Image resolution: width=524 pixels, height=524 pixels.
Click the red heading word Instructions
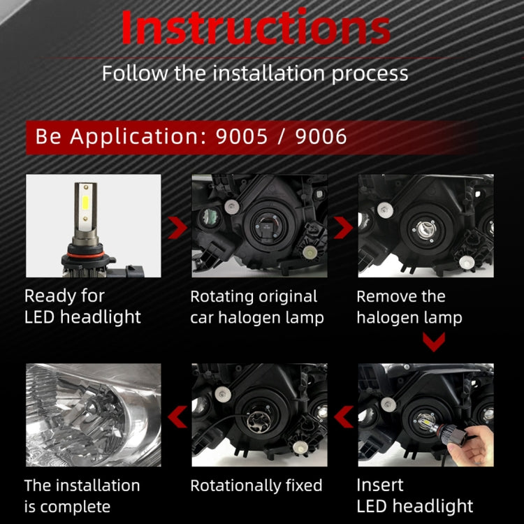pyautogui.click(x=256, y=29)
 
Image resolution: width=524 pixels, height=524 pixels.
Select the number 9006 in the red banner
pyautogui.click(x=321, y=136)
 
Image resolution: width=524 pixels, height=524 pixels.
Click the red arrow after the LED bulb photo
pyautogui.click(x=177, y=227)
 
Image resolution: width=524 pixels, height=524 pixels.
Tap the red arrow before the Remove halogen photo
pyautogui.click(x=342, y=227)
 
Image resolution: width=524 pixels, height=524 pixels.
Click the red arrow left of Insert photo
pyautogui.click(x=342, y=418)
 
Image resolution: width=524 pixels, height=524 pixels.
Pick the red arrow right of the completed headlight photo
pyautogui.click(x=177, y=418)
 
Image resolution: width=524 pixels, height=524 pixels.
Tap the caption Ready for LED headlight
pyautogui.click(x=82, y=306)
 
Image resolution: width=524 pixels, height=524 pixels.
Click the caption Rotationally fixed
pyautogui.click(x=256, y=485)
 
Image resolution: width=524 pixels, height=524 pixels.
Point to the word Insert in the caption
pyautogui.click(x=380, y=485)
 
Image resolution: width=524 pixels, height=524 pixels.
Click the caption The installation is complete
pyautogui.click(x=82, y=495)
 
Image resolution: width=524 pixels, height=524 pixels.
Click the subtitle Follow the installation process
pyautogui.click(x=255, y=73)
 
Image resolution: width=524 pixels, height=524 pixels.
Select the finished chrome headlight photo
pyautogui.click(x=93, y=415)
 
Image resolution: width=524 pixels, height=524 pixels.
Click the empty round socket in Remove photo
pyautogui.click(x=423, y=226)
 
